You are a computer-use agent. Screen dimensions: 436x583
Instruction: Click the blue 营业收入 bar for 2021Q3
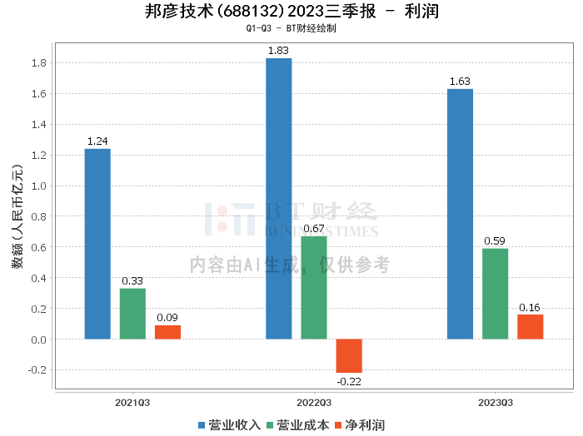97,244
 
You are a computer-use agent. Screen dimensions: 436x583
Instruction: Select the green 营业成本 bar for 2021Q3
132,314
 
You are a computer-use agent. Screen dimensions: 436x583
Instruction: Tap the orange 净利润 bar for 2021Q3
167,332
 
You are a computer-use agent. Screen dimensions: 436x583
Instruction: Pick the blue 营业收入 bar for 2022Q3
279,199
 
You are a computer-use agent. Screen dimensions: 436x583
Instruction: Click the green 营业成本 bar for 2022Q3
314,288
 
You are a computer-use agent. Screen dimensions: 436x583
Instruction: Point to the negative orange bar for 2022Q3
349,355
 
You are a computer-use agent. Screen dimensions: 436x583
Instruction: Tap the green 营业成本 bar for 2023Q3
495,294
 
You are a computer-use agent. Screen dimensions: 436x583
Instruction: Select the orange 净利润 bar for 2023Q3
530,327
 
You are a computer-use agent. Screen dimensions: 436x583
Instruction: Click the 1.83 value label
278,51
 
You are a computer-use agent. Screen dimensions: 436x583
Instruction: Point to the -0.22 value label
348,381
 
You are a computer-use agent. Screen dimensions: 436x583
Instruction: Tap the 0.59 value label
495,241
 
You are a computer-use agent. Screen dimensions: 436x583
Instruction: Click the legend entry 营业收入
229,425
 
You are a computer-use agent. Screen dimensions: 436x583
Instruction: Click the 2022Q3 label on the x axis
313,402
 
